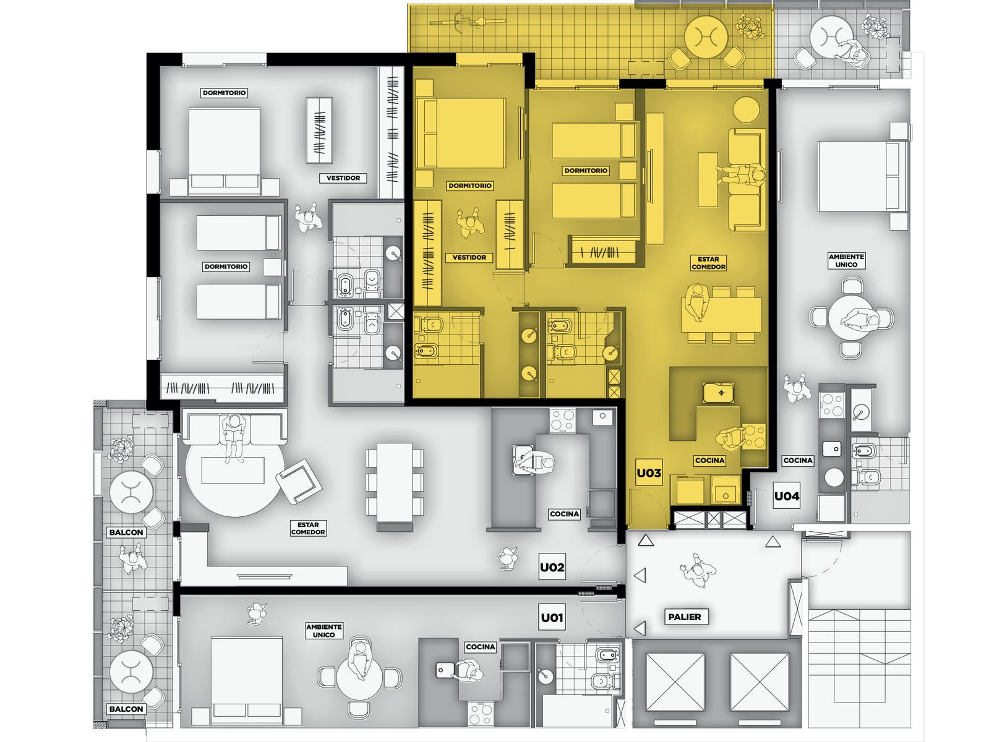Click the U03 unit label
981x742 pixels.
[x=648, y=472]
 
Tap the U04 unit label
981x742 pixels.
[x=786, y=496]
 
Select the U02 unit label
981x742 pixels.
[x=552, y=568]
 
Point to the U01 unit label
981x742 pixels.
[x=552, y=617]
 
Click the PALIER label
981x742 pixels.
[x=684, y=617]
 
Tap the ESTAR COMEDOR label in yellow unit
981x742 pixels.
[x=708, y=263]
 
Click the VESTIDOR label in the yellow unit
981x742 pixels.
[x=469, y=257]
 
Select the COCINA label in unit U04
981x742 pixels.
[x=798, y=460]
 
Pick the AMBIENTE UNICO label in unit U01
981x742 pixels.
[x=324, y=631]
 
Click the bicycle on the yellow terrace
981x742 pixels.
[x=468, y=22]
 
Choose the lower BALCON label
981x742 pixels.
[x=126, y=709]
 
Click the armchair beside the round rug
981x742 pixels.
[x=299, y=481]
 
